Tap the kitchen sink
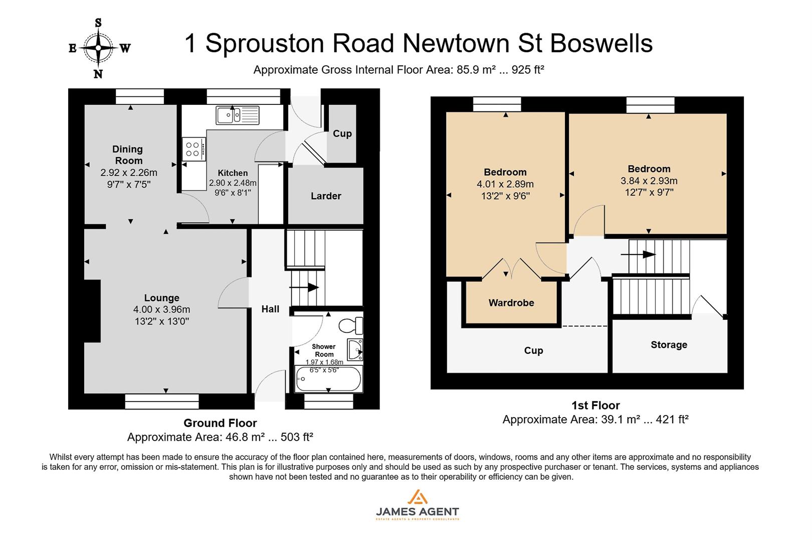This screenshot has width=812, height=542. [238, 115]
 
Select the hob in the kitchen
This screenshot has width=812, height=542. [193, 149]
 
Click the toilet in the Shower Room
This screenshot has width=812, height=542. [351, 326]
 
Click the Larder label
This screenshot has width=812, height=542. [326, 196]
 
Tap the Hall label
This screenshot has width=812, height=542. [270, 309]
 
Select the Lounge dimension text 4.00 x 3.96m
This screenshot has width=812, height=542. [161, 310]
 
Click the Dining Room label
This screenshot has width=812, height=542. [128, 155]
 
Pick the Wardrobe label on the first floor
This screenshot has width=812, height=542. [511, 303]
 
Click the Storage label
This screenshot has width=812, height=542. [669, 345]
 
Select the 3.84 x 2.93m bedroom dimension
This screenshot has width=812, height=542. [649, 181]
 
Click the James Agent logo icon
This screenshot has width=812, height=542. [417, 497]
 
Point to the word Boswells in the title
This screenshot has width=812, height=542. [601, 43]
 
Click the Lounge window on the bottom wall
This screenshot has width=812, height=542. [162, 401]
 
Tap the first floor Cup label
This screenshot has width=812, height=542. [533, 350]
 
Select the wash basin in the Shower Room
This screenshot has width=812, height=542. [356, 350]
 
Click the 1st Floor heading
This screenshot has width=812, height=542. [595, 405]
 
